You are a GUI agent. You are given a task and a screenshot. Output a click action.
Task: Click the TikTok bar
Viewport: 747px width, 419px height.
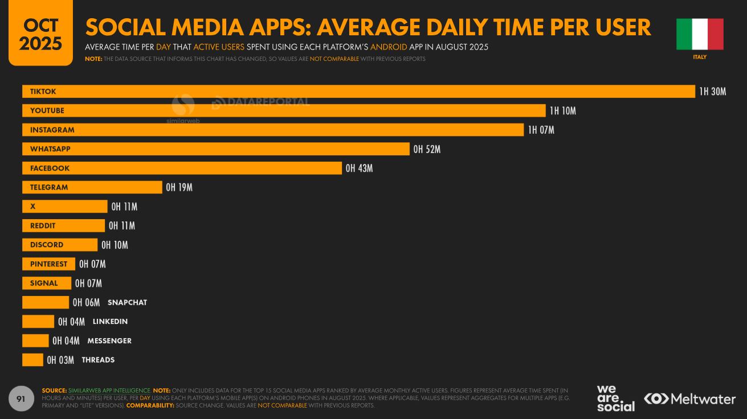(358, 92)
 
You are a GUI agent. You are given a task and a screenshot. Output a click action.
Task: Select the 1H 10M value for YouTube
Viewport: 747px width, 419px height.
(562, 111)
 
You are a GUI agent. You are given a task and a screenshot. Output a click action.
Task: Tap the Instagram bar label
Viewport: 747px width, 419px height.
(52, 130)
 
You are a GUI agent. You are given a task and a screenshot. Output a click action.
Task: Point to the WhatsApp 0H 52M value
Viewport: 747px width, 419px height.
(427, 149)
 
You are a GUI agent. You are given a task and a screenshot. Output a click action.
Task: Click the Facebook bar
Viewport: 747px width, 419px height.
(182, 169)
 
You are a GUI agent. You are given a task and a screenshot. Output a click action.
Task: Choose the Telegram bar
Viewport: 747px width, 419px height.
(92, 187)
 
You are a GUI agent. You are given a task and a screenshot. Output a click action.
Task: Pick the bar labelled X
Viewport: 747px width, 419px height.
(64, 207)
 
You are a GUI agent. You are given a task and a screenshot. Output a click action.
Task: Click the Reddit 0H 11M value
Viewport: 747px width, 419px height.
(122, 226)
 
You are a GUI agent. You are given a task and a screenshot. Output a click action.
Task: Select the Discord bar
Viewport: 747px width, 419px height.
(60, 245)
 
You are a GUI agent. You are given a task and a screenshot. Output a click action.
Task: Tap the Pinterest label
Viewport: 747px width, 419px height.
(48, 264)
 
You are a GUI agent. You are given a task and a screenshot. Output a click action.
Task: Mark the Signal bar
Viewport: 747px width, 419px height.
(47, 284)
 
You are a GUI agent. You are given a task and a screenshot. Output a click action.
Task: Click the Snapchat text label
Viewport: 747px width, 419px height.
(127, 303)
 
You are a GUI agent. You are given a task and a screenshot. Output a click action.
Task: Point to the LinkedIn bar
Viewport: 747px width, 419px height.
(38, 322)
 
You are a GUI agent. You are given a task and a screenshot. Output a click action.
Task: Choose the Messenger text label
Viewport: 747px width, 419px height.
(109, 341)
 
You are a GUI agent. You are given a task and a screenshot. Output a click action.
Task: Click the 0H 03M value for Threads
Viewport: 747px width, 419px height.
(60, 360)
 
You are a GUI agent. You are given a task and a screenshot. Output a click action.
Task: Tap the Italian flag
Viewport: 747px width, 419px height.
(700, 34)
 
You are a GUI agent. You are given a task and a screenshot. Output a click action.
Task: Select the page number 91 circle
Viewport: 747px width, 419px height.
(21, 399)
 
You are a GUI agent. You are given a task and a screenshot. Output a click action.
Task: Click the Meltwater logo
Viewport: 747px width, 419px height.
(689, 399)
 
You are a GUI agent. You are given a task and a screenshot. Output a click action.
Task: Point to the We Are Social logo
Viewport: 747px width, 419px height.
(615, 399)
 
